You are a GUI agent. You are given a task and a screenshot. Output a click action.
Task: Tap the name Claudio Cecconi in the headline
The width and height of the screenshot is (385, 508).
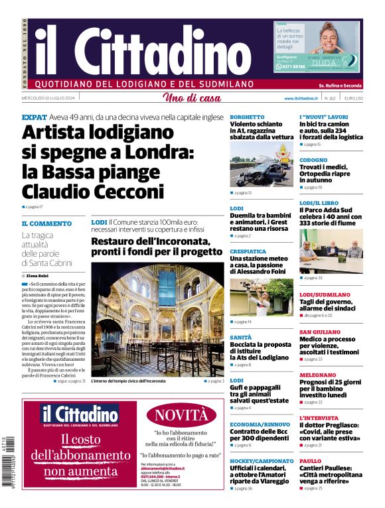tap(92, 192)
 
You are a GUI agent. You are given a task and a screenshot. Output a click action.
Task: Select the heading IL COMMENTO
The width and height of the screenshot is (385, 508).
tap(46, 223)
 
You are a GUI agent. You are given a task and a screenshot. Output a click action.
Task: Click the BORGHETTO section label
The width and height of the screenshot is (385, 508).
tap(247, 117)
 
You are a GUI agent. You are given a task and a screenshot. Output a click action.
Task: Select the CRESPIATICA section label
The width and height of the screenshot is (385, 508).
tap(248, 251)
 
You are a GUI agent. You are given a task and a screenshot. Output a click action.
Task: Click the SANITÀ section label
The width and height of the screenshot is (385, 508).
tap(240, 337)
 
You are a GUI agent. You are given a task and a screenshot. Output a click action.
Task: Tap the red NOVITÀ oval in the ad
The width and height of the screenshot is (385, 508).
tap(181, 415)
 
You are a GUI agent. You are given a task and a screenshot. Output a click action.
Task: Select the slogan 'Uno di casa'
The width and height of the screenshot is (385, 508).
tap(192, 98)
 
